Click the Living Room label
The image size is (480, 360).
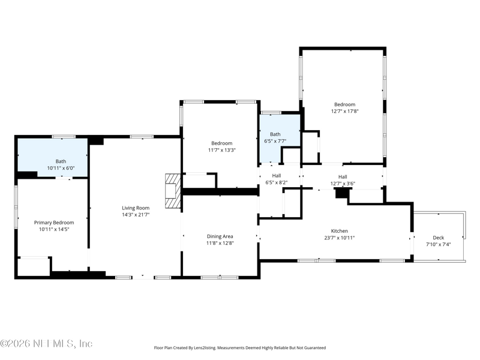(136, 208)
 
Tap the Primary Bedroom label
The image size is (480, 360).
(54, 223)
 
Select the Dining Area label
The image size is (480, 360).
(220, 236)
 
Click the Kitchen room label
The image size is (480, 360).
(340, 231)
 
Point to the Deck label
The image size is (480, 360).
(439, 238)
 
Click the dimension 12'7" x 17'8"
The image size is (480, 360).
(344, 111)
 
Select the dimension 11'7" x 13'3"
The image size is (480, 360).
(221, 150)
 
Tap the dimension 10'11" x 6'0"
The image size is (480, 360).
(61, 168)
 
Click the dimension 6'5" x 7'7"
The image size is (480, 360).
(275, 141)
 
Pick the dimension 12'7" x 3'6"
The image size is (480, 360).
(343, 184)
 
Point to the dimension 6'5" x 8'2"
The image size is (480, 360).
(277, 182)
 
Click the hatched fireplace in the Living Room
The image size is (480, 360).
(173, 191)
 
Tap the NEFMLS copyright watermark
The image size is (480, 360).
(46, 343)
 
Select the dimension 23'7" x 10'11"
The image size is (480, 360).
(340, 238)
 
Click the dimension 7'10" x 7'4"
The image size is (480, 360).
(439, 244)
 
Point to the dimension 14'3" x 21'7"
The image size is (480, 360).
(136, 215)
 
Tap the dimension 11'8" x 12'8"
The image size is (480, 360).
(220, 243)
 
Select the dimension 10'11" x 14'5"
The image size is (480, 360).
(54, 229)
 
